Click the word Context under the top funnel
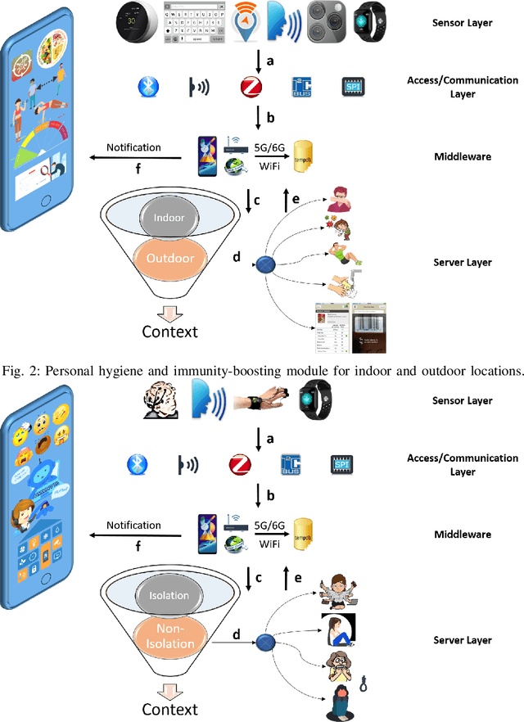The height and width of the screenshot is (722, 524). (169, 331)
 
